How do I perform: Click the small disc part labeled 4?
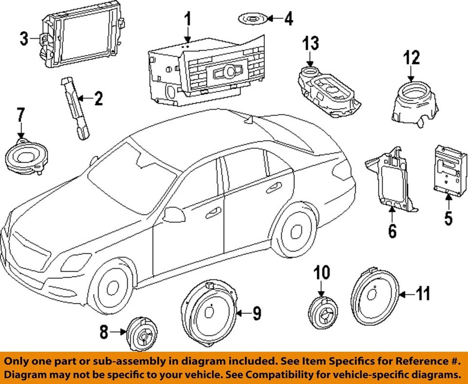tap(252, 19)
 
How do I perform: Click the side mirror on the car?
tap(173, 214)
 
